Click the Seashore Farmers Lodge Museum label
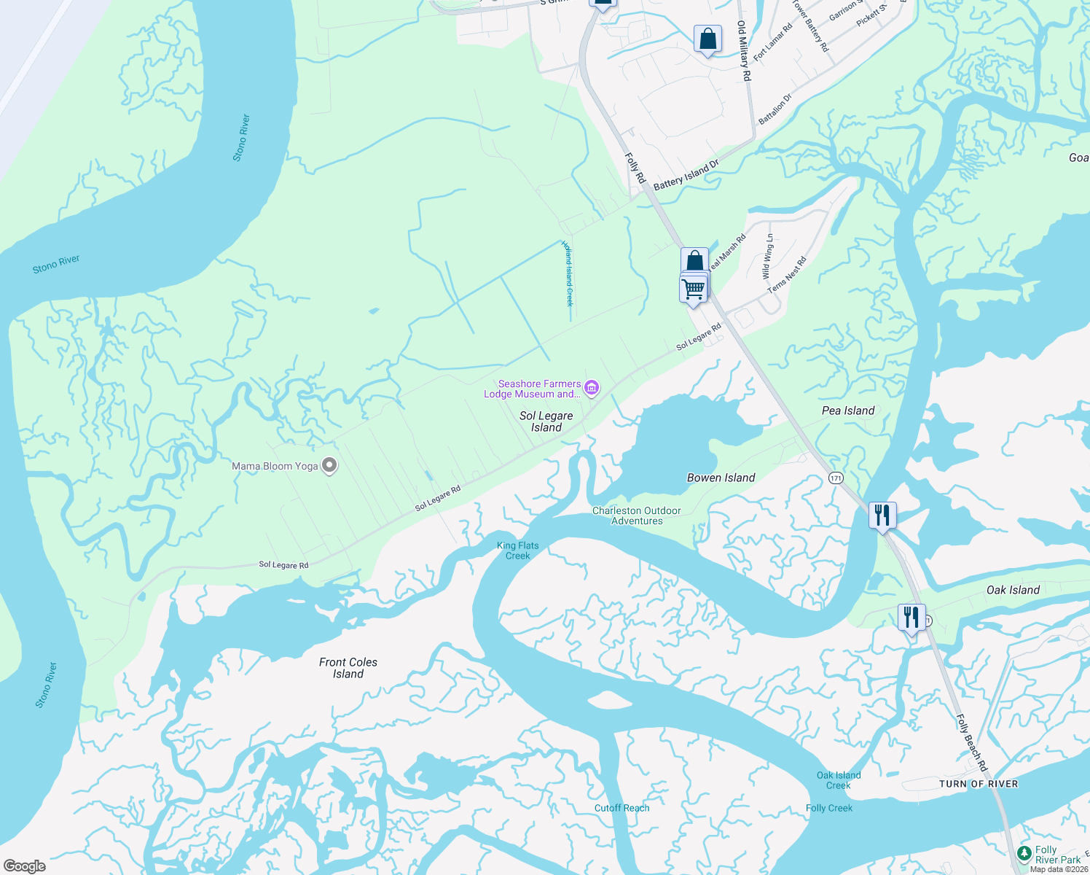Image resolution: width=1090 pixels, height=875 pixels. click(x=533, y=389)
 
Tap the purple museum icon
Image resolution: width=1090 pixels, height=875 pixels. click(x=592, y=388)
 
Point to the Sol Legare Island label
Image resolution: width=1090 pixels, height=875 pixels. click(x=546, y=421)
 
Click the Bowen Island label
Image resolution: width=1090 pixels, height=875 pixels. click(x=721, y=478)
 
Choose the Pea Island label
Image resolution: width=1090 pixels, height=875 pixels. click(x=848, y=411)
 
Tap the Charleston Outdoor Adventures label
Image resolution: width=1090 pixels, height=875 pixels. click(x=637, y=516)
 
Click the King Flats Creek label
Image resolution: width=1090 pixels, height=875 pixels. click(x=517, y=551)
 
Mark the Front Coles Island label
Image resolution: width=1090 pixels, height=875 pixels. click(x=348, y=668)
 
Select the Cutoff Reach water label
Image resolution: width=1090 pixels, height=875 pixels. click(x=622, y=808)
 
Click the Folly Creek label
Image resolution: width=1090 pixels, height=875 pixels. click(x=828, y=808)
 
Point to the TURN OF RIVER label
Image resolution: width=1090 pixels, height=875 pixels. click(x=978, y=784)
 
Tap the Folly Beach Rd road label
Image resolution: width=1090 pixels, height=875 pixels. click(x=971, y=742)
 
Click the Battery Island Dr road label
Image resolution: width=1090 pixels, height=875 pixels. click(x=686, y=175)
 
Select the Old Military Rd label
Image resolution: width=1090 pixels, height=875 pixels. click(x=742, y=50)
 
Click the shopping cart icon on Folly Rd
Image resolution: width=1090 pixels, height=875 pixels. click(x=693, y=288)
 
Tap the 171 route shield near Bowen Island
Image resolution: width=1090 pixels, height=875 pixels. click(x=835, y=478)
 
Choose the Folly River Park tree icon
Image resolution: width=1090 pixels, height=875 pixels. click(x=1024, y=852)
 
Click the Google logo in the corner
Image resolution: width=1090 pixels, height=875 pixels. click(x=24, y=866)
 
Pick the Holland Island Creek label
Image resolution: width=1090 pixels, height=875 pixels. click(x=568, y=273)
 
